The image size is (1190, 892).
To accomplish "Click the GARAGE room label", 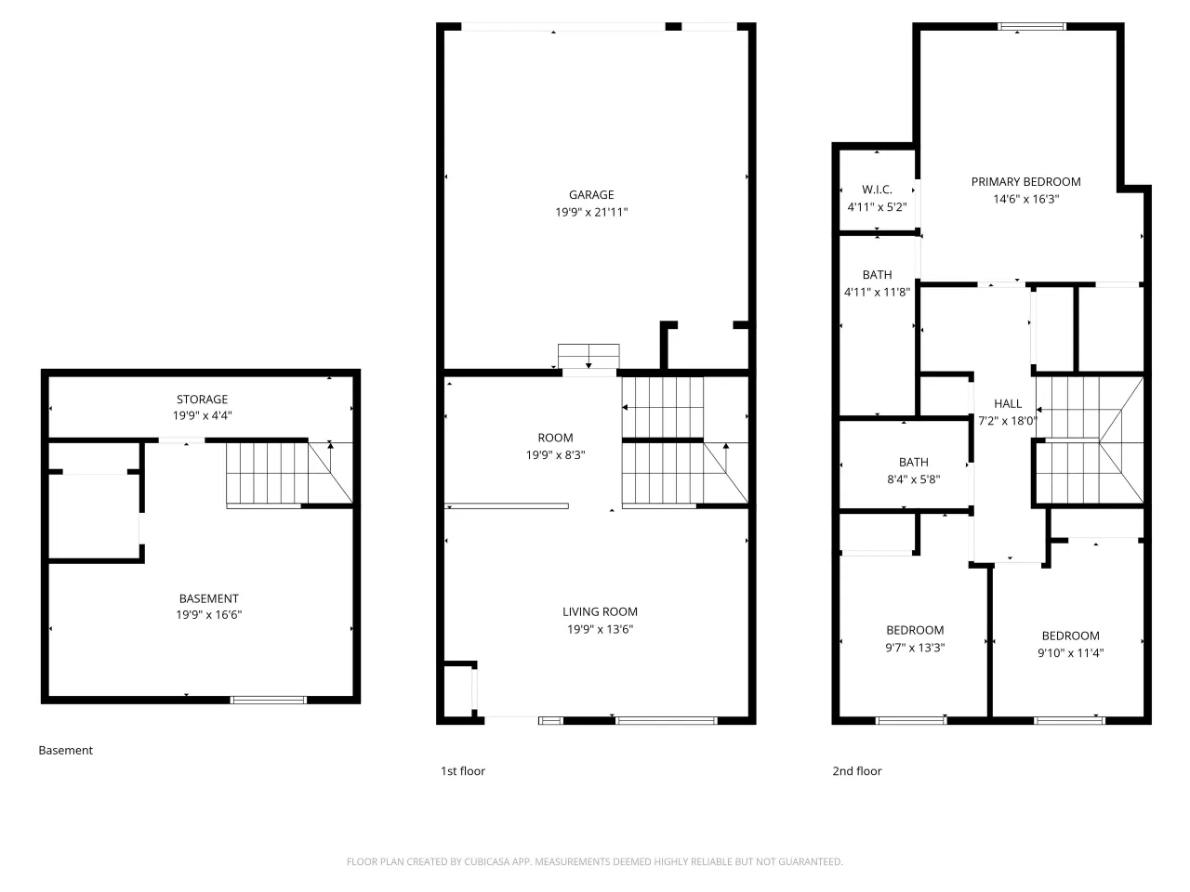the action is click(591, 194).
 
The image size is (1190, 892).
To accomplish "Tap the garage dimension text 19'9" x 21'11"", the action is click(591, 212).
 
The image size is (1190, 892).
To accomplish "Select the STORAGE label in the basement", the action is click(202, 400).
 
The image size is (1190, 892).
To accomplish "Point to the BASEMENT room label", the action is click(209, 598).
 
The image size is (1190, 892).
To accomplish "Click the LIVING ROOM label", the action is click(600, 611).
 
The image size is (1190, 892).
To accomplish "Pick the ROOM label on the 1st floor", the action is click(555, 438).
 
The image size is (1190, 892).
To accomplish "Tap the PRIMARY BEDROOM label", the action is click(1025, 182).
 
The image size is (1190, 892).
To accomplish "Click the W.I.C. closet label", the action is click(877, 190).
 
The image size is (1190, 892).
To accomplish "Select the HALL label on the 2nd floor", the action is click(1007, 403).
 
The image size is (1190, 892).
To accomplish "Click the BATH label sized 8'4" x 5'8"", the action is click(914, 462).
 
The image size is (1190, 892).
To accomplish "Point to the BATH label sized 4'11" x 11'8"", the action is click(877, 275).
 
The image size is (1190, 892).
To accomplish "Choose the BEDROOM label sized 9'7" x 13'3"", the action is click(915, 630).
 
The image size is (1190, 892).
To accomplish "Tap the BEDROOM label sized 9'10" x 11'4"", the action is click(1070, 636).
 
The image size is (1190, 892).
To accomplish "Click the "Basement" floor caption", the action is click(66, 750).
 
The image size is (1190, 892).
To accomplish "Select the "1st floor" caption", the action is click(462, 770).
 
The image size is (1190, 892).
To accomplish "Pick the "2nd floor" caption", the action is click(856, 770).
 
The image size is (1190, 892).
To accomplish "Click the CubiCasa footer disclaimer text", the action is click(594, 861).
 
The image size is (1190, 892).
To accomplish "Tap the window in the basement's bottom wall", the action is click(269, 700).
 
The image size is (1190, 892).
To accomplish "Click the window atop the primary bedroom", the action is click(1032, 27).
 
